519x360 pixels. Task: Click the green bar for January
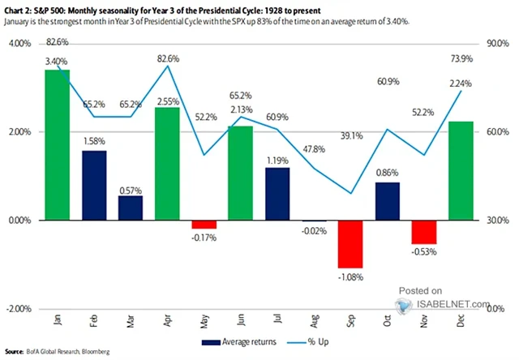click(57, 145)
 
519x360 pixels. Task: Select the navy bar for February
click(94, 186)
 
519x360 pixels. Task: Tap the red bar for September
click(351, 244)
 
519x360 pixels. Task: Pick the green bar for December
click(462, 171)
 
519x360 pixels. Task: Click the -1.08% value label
click(350, 276)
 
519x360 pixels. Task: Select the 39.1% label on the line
click(350, 180)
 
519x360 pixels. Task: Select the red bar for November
click(423, 233)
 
